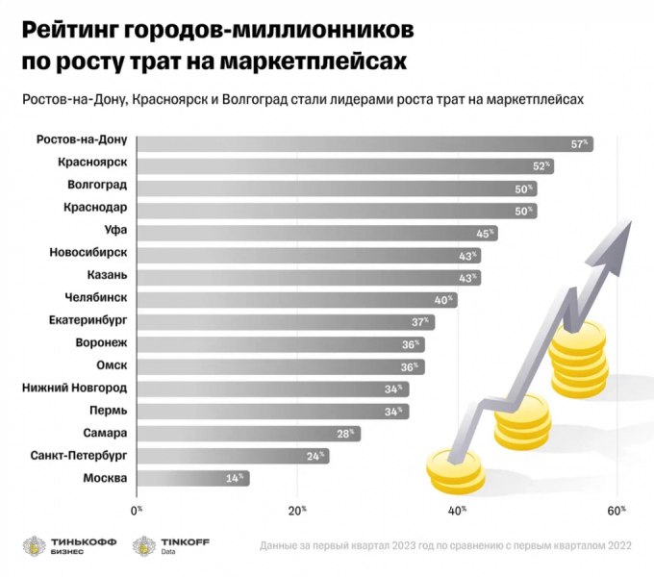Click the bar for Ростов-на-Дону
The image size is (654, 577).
coord(365,143)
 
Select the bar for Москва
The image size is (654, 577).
coord(192,478)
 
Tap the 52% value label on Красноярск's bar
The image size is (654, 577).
coord(541,166)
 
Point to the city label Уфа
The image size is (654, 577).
coord(114,232)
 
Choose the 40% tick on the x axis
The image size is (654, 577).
coord(458,509)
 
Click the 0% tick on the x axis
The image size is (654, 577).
coord(136,509)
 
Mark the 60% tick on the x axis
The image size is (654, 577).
coord(618,509)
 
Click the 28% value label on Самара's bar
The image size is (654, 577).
coord(345,434)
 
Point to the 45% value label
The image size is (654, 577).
coord(485,233)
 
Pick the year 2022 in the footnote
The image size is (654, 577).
coord(616,546)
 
